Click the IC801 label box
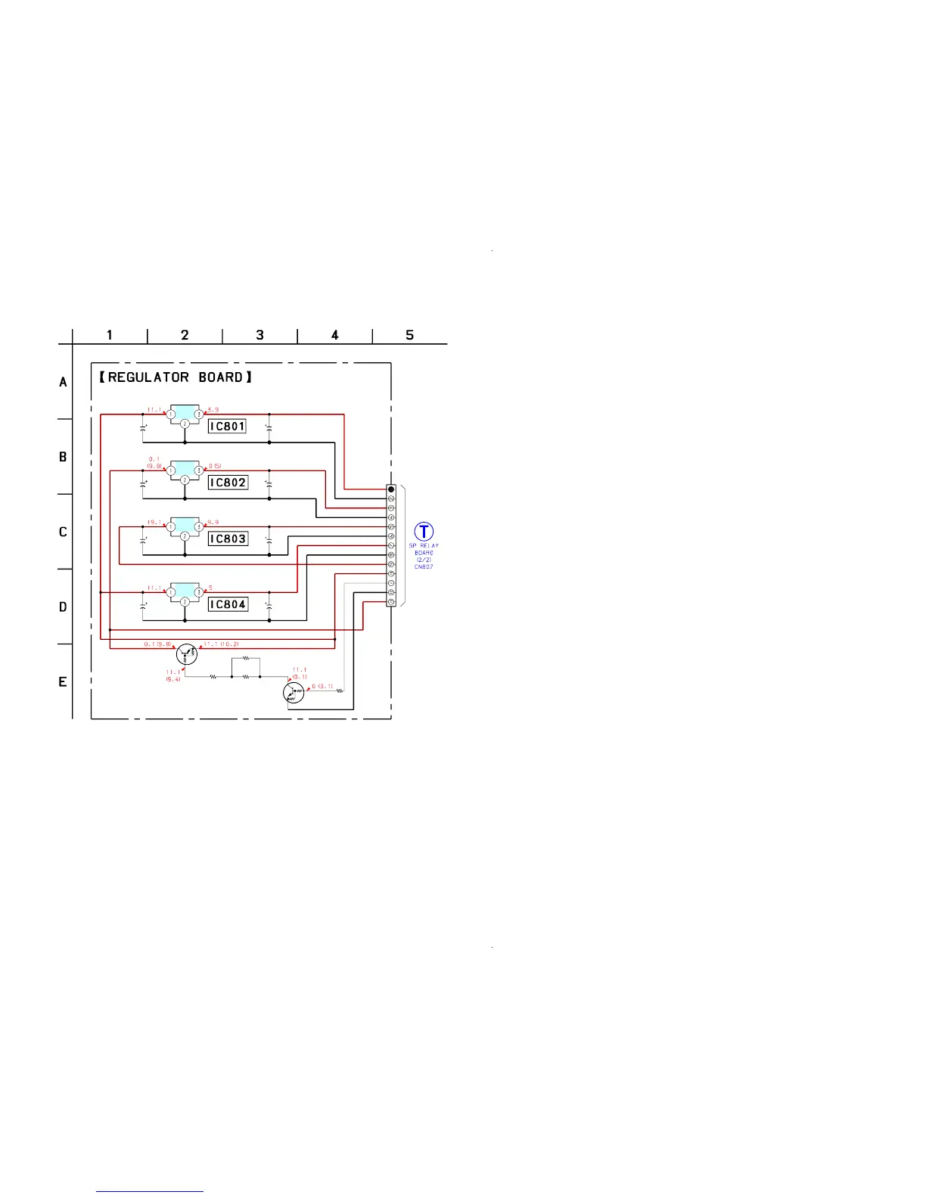click(x=227, y=427)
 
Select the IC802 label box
click(x=228, y=483)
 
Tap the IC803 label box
click(x=228, y=539)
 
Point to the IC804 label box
click(x=228, y=604)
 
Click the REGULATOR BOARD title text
click(x=175, y=377)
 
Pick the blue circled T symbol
click(x=424, y=531)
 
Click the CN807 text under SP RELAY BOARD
click(x=424, y=566)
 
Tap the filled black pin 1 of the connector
click(x=391, y=489)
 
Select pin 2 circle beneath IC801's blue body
click(x=185, y=424)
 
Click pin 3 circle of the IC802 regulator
click(x=198, y=470)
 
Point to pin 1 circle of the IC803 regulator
click(x=171, y=527)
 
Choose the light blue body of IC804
click(x=185, y=588)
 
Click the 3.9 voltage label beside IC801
click(x=213, y=410)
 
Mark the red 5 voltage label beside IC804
click(x=210, y=587)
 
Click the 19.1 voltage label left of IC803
click(x=155, y=522)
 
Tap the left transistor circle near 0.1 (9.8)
click(x=186, y=654)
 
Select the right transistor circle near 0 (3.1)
click(x=293, y=692)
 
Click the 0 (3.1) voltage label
click(x=322, y=686)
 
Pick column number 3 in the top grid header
click(x=259, y=335)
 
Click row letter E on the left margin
click(x=63, y=682)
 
